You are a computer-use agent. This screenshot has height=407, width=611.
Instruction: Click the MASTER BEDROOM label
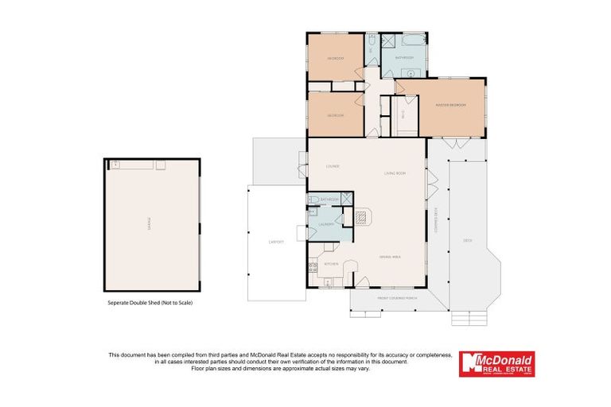[449, 105]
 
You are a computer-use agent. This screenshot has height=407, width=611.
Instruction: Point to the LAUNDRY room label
[326, 224]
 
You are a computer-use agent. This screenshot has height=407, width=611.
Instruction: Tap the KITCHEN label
[332, 263]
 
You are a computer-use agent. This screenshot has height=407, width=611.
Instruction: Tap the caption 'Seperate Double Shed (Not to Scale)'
[150, 303]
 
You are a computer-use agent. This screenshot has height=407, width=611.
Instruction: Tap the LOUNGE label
[333, 166]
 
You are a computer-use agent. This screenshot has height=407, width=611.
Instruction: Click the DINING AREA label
[389, 256]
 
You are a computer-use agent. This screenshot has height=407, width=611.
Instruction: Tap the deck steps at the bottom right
[468, 318]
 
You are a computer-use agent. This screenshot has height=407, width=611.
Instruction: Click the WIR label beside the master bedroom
[404, 113]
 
